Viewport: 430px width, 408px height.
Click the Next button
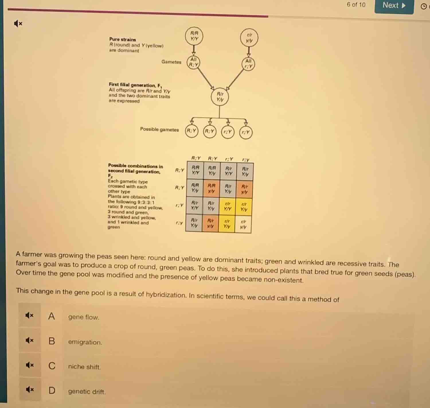[394, 6]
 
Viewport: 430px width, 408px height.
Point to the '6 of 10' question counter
[356, 5]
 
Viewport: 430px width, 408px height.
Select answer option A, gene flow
[83, 317]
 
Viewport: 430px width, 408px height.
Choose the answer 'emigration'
[85, 342]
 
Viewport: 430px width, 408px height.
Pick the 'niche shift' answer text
[84, 367]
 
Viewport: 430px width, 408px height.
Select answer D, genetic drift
[87, 391]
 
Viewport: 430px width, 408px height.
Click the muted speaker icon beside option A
[30, 315]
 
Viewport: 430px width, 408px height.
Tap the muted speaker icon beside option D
[30, 389]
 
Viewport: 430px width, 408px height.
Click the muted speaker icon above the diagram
[18, 24]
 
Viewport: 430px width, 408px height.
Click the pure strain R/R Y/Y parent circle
[194, 36]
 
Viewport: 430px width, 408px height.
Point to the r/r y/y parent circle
[249, 38]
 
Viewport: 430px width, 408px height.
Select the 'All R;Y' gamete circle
[193, 62]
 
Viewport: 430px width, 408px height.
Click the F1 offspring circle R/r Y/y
[220, 97]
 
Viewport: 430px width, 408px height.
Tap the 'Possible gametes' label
[159, 129]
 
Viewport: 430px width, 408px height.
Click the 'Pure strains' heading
[122, 39]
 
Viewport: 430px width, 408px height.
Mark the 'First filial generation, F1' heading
[135, 85]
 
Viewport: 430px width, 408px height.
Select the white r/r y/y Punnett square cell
[243, 224]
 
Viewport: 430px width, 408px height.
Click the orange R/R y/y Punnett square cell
[211, 189]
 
